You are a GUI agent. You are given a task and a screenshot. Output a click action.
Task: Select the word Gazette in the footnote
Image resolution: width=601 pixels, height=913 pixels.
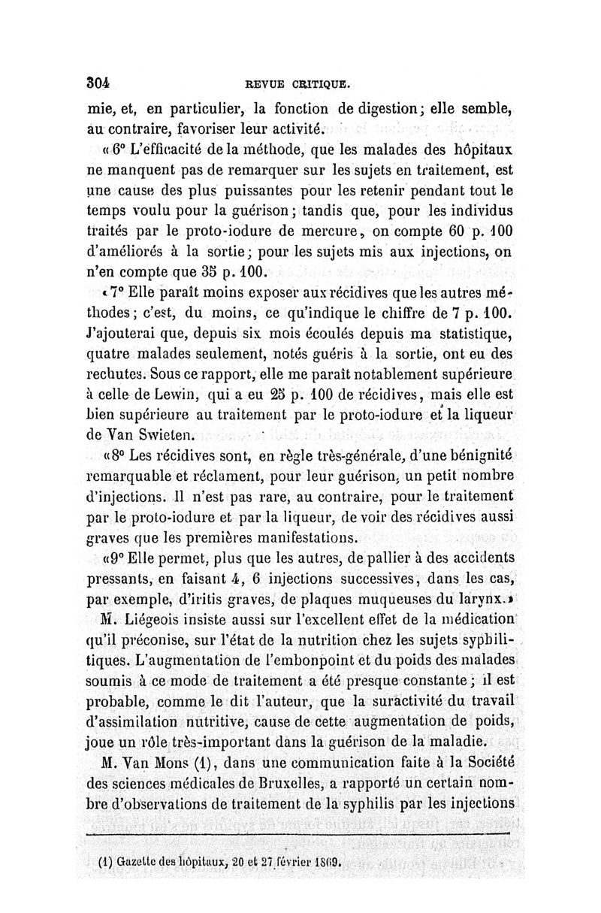[x=143, y=861]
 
